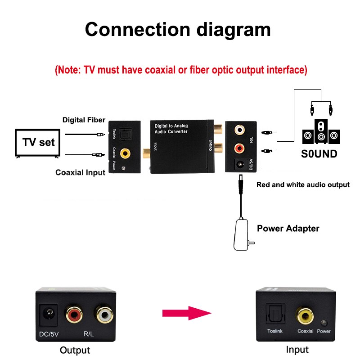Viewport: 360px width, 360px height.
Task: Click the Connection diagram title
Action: (x=178, y=29)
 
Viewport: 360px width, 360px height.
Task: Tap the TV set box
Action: (x=38, y=142)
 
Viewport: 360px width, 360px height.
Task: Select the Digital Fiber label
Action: (x=84, y=120)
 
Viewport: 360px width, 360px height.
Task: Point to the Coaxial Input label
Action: (x=80, y=172)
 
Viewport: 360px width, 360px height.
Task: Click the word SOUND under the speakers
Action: (x=319, y=154)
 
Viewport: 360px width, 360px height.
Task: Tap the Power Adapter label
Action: (x=288, y=229)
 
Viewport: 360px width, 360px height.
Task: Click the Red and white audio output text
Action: (x=302, y=184)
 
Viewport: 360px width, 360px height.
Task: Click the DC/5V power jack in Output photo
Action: (x=49, y=313)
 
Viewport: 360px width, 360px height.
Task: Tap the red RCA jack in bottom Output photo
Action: (x=74, y=314)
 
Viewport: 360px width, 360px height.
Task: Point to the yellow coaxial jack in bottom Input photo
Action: (x=304, y=315)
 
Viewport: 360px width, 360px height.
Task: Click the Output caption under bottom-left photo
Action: (x=75, y=350)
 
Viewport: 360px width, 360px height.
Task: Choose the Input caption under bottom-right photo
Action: (x=297, y=350)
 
